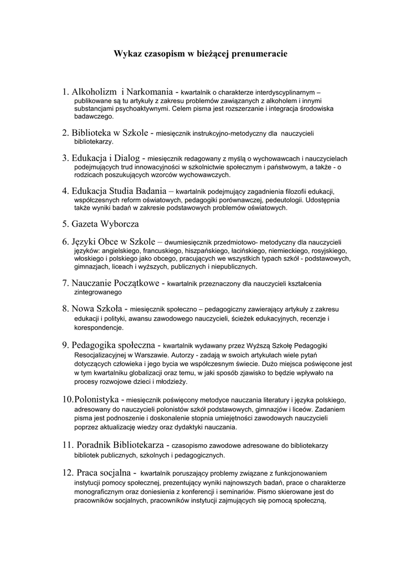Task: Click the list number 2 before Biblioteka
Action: [65, 133]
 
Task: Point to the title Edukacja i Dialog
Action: [105, 158]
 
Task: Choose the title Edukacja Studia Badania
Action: [117, 191]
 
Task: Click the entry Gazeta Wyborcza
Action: [105, 224]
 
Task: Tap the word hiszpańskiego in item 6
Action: [206, 251]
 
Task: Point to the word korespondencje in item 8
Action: [99, 328]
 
